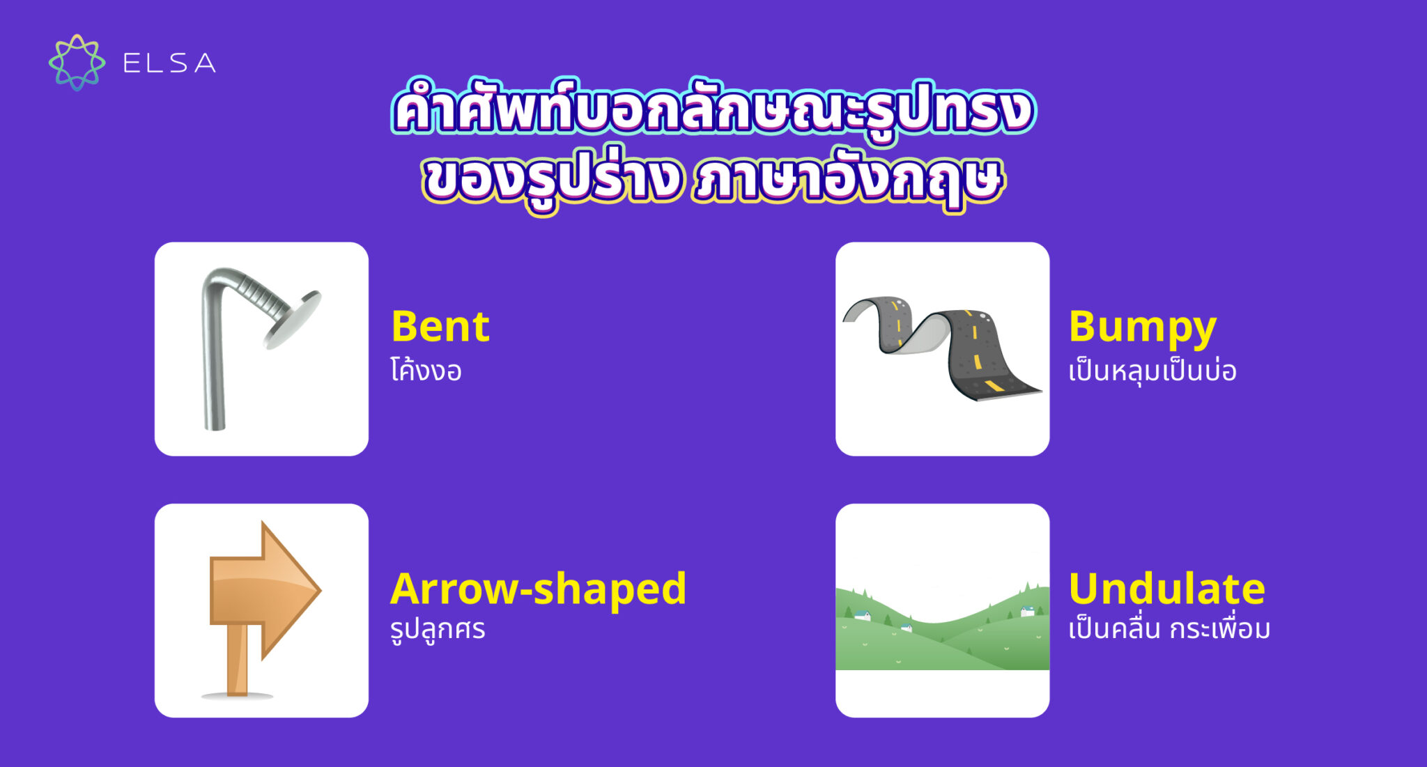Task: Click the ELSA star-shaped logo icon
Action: [77, 63]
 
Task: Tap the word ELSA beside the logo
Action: [169, 63]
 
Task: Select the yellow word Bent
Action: [440, 326]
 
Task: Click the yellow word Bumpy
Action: [1142, 327]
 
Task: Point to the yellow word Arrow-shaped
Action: [538, 589]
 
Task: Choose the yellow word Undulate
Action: [1166, 589]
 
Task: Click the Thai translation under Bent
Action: [426, 370]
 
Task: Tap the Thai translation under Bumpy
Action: [1152, 370]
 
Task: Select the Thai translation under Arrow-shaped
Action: [438, 629]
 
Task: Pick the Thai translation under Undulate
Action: [1169, 629]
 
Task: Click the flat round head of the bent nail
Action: [293, 318]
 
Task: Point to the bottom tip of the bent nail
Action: [215, 425]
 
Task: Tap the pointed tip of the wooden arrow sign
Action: [317, 591]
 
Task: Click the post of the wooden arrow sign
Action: [238, 658]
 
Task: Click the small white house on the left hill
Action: [863, 615]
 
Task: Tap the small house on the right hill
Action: [1027, 612]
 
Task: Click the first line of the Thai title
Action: [713, 110]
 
